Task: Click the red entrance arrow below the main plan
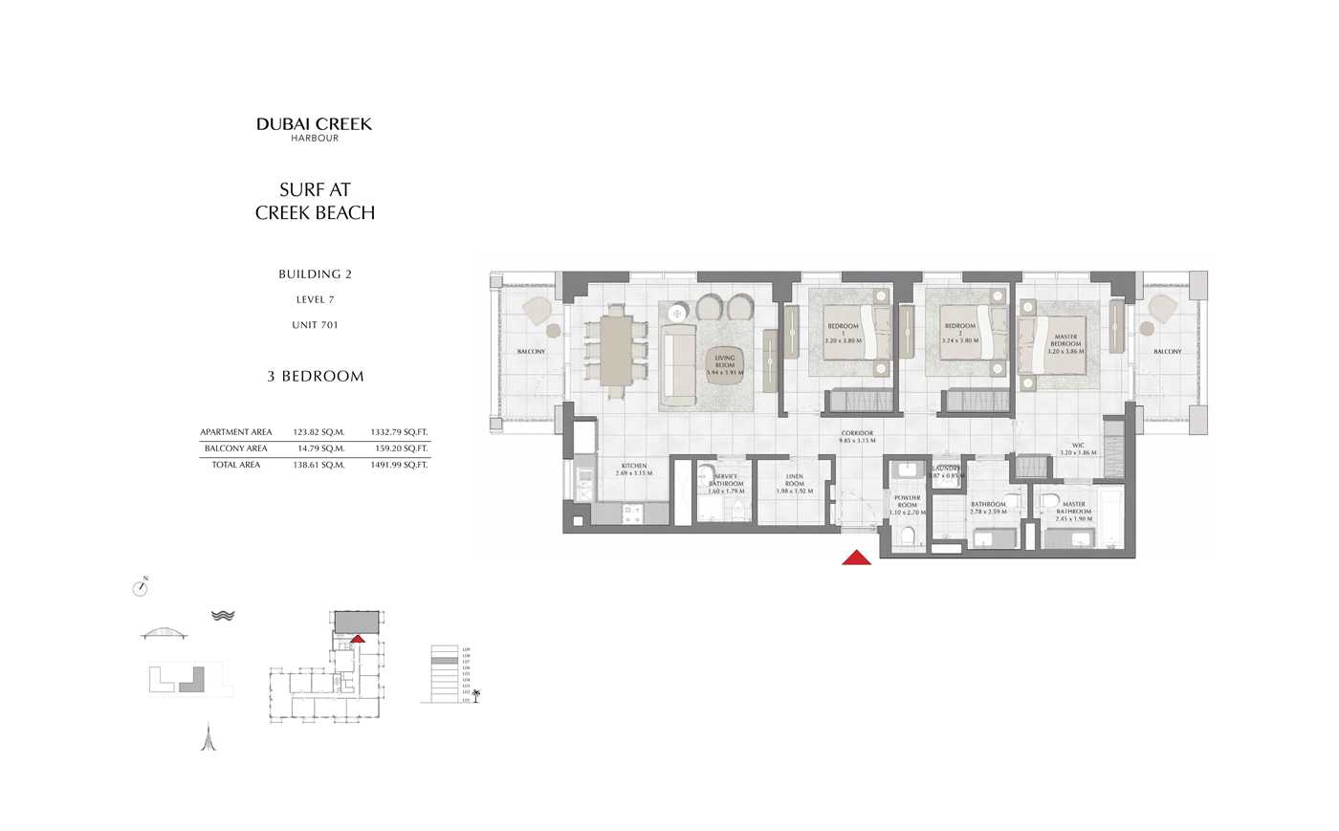(x=856, y=558)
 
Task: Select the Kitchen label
(x=633, y=469)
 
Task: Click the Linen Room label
(x=794, y=480)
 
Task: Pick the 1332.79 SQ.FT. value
(x=399, y=432)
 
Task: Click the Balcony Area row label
(x=235, y=448)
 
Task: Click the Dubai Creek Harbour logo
(x=314, y=128)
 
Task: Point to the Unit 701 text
(x=315, y=325)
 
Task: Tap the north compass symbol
(x=142, y=587)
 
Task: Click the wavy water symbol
(x=223, y=616)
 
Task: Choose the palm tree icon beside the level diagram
(x=475, y=695)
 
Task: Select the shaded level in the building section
(x=443, y=661)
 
